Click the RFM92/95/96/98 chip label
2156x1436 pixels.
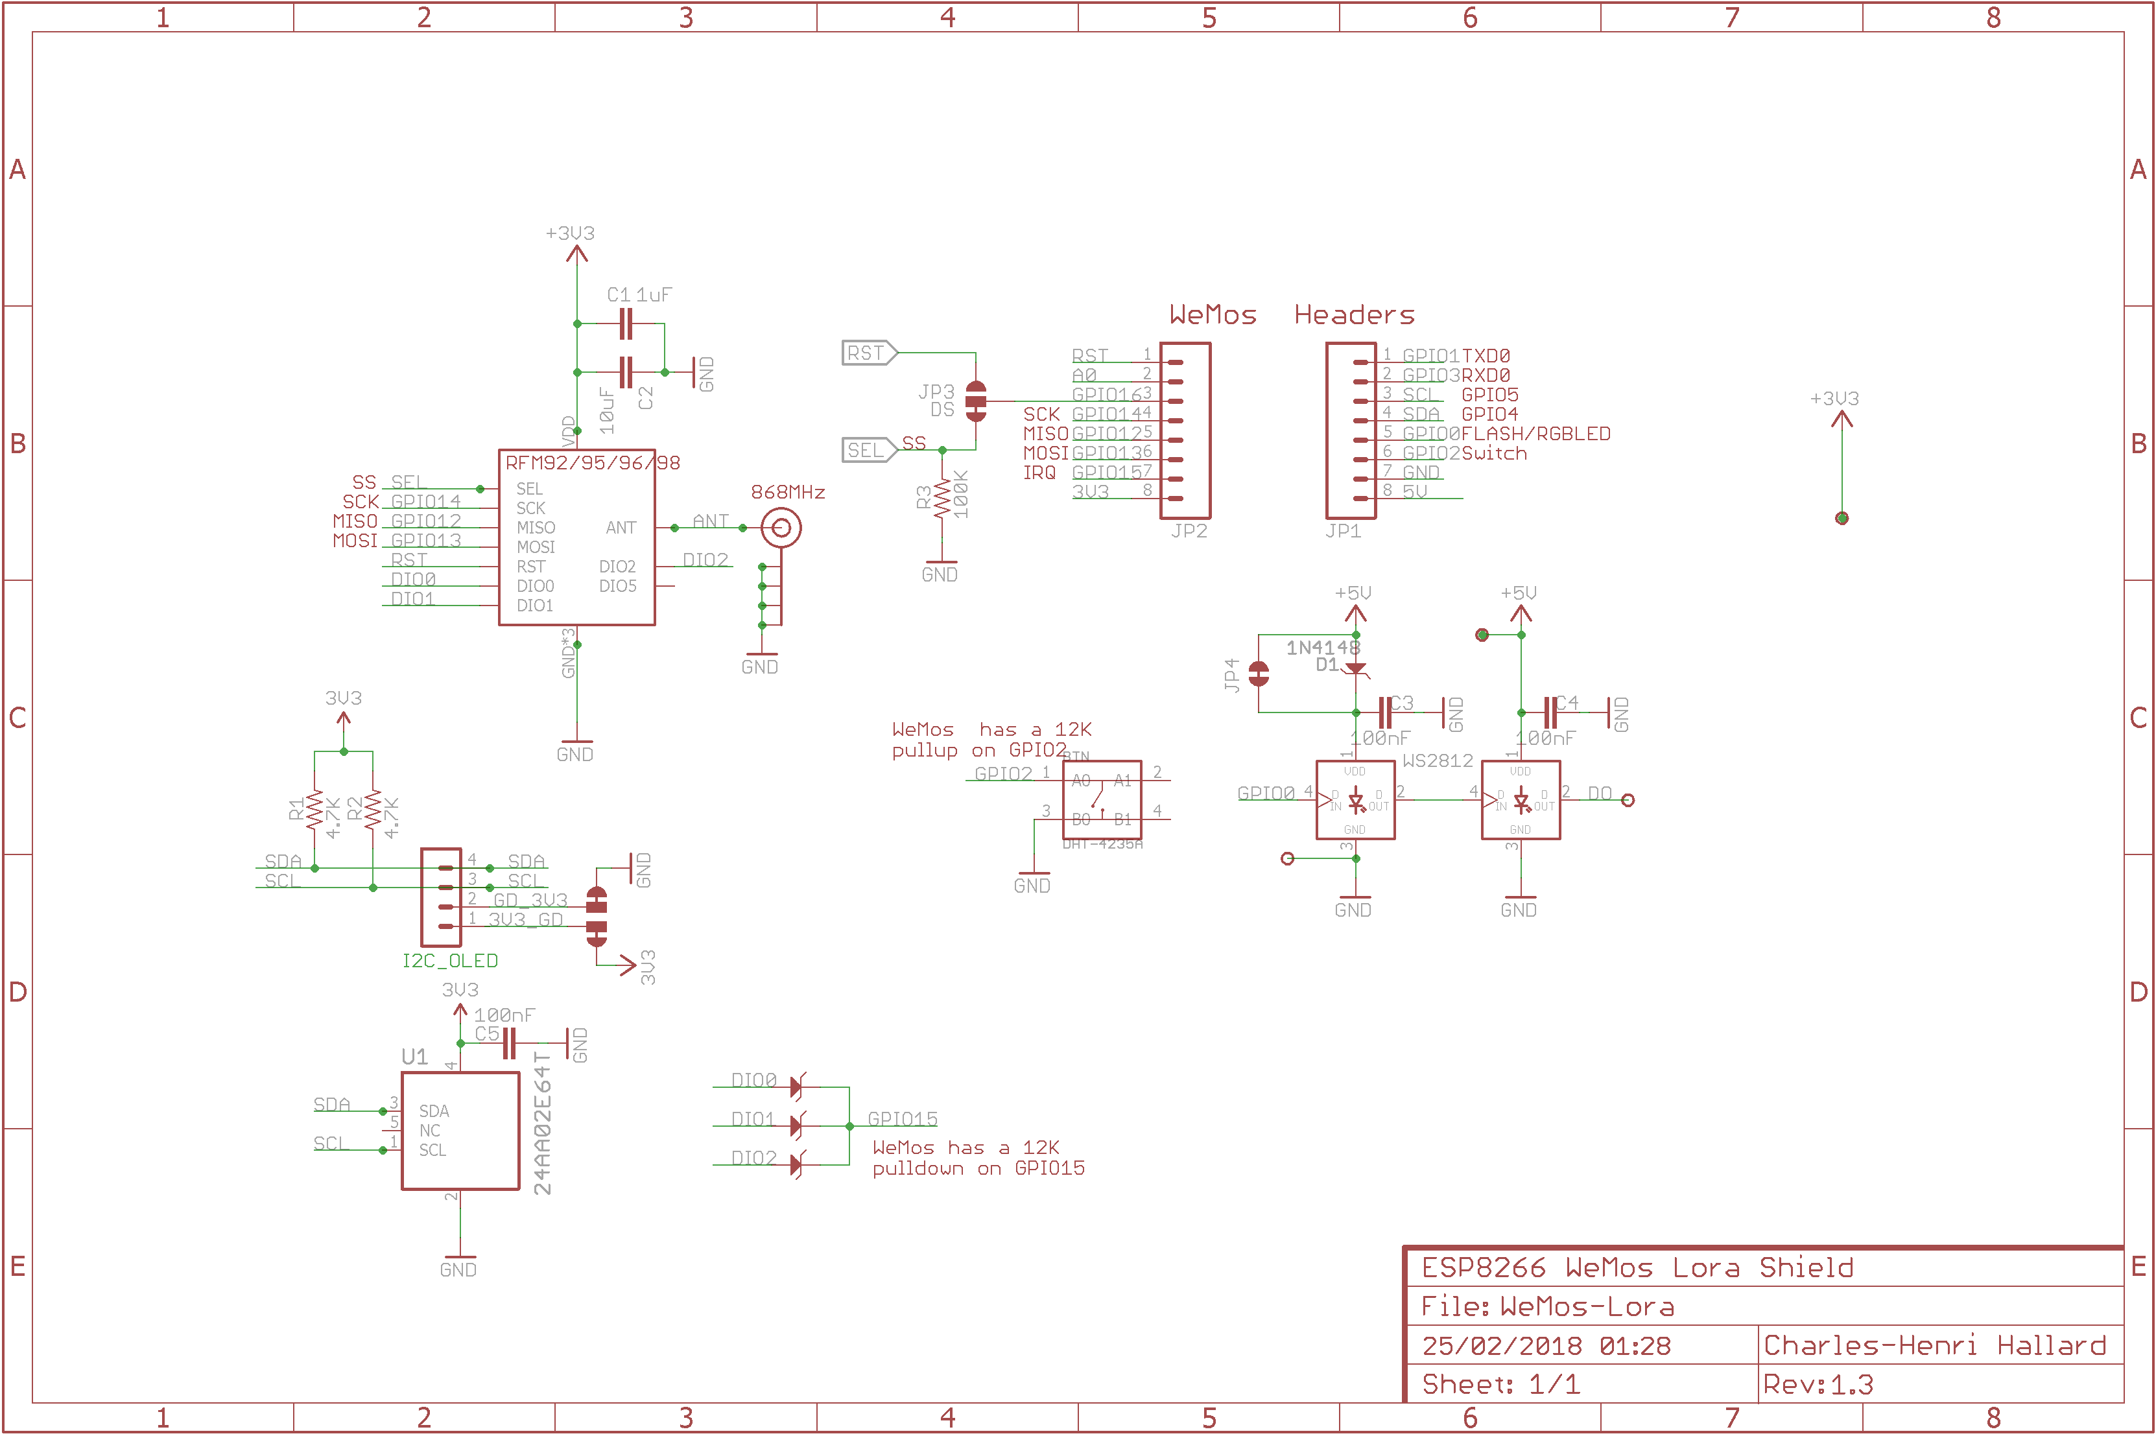593,462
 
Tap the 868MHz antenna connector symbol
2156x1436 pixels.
781,528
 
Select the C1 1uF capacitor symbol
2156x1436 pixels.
626,324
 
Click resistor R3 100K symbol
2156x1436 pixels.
942,500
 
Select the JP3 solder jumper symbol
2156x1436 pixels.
977,401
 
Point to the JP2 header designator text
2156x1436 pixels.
1189,531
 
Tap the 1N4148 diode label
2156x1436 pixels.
1323,648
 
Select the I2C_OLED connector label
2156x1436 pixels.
450,961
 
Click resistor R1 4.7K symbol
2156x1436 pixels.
315,810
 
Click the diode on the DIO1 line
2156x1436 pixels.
796,1125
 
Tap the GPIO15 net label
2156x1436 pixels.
902,1119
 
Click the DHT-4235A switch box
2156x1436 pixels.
1102,799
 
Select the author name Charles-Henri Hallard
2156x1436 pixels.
1934,1345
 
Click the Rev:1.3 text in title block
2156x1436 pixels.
1818,1383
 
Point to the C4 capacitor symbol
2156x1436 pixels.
1550,712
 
